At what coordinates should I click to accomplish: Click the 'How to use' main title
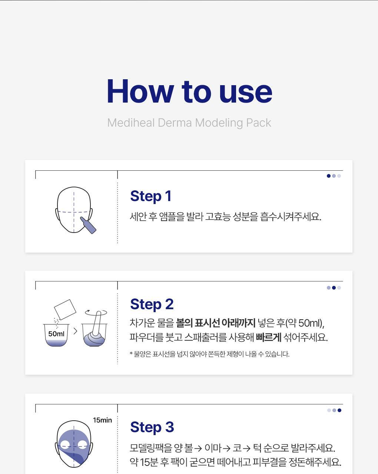[x=189, y=91]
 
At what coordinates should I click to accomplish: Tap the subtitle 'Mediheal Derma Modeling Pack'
[x=189, y=123]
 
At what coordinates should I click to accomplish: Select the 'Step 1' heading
[x=151, y=196]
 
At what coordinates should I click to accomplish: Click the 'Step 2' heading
[x=152, y=304]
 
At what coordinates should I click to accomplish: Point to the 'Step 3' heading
[x=152, y=427]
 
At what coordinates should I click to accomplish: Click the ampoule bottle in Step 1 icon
[x=88, y=225]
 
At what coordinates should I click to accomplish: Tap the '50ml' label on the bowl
[x=56, y=334]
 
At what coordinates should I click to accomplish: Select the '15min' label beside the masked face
[x=102, y=420]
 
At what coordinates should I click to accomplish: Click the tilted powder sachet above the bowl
[x=65, y=310]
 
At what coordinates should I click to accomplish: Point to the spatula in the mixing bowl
[x=97, y=323]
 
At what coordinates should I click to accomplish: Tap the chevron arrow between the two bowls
[x=75, y=331]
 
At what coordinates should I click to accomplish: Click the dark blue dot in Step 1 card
[x=329, y=176]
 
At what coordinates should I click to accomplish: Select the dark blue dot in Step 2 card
[x=334, y=288]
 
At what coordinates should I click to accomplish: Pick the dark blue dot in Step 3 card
[x=339, y=410]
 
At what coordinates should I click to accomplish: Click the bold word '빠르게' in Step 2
[x=269, y=337]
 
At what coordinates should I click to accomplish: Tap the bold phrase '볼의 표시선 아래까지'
[x=216, y=323]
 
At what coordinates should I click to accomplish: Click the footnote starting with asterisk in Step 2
[x=209, y=354]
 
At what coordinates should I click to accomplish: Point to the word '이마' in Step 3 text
[x=213, y=448]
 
